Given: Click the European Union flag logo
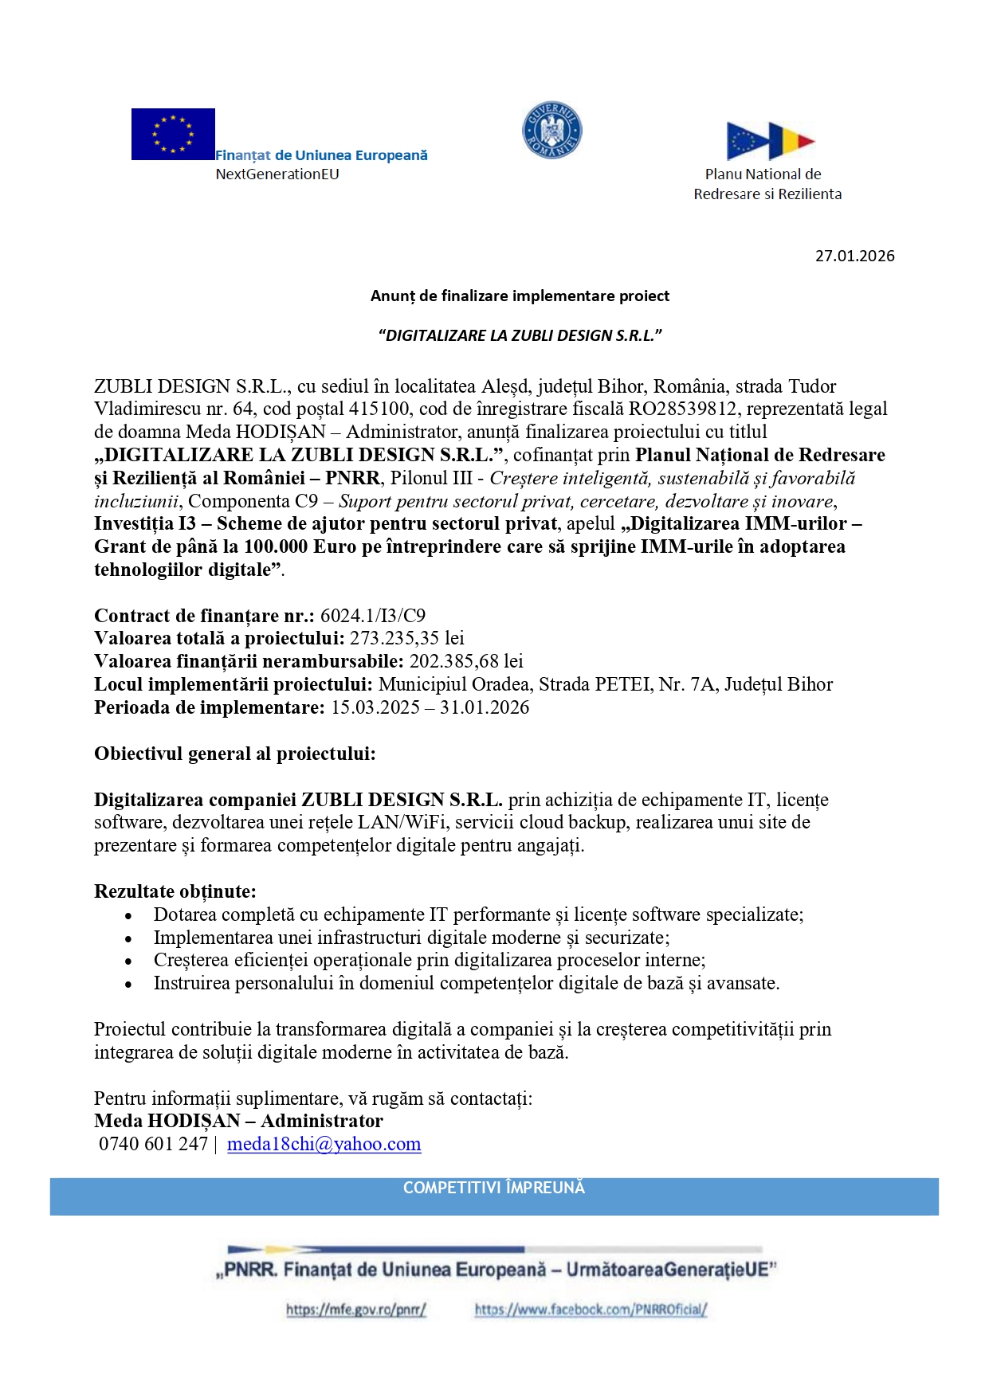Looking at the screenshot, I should tap(173, 134).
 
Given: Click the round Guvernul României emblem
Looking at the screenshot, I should tap(551, 130).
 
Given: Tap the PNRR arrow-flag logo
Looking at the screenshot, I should tap(770, 141).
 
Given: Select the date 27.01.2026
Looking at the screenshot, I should tap(854, 256).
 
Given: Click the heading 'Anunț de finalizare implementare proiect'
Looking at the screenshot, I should tap(520, 296).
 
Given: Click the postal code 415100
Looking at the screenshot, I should tap(379, 409).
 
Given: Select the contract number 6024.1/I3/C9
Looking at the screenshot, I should tap(373, 616).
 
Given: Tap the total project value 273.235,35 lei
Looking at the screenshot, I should tap(407, 638).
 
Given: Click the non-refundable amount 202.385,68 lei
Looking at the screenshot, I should tap(466, 661).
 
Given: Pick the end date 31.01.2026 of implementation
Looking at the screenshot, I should tap(485, 707).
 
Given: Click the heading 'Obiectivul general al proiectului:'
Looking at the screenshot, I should tap(235, 754).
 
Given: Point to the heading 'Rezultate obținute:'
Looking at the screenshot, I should tap(175, 891).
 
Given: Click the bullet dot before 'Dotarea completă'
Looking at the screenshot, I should tap(128, 916).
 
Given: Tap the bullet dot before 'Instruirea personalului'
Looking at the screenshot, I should tap(128, 985).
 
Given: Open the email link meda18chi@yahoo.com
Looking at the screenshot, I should tap(324, 1144).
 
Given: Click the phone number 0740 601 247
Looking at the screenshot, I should tap(153, 1144).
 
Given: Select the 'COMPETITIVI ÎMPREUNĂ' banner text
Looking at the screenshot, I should tap(494, 1188).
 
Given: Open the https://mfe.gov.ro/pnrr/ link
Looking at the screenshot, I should tap(356, 1309).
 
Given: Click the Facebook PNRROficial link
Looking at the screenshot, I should tap(591, 1309).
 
